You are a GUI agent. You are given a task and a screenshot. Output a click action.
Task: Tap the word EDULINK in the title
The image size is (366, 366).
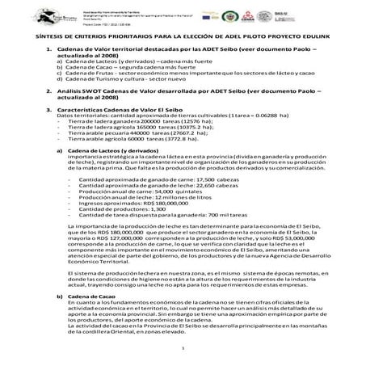tap(298, 38)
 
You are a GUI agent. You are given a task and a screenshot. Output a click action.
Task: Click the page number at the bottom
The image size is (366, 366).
tap(183, 347)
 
